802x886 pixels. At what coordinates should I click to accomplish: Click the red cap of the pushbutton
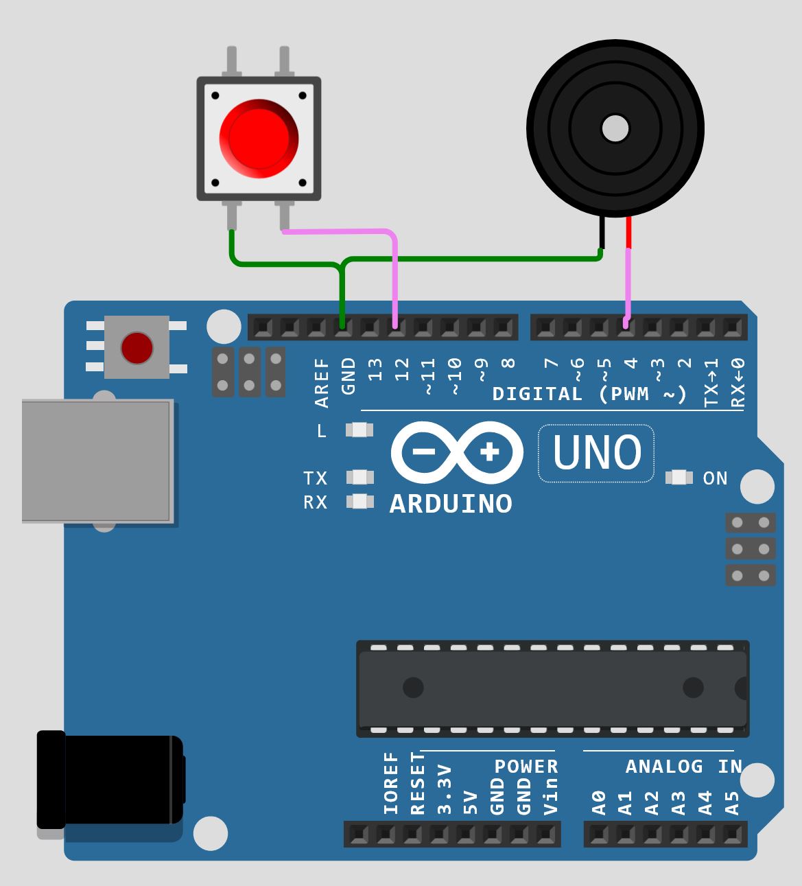coord(259,137)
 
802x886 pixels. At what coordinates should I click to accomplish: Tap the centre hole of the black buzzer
coord(615,128)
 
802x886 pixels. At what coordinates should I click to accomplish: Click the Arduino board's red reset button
coord(137,347)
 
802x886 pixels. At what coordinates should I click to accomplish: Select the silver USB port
coord(96,461)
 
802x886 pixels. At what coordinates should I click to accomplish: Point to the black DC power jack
coord(110,779)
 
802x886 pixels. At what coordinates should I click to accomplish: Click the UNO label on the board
coord(596,454)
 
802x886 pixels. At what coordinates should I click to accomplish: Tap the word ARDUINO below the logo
coord(451,504)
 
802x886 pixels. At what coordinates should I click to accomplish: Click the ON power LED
coord(679,478)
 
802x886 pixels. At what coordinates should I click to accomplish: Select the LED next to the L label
coord(359,430)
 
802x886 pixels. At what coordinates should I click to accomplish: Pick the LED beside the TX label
coord(359,477)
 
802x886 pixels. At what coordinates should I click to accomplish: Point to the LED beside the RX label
coord(359,502)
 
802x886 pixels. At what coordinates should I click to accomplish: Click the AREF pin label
coord(322,384)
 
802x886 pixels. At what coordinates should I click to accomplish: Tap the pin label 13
coord(375,370)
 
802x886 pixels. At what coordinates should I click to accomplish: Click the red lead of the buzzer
coord(628,232)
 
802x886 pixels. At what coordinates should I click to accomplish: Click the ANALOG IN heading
coord(683,767)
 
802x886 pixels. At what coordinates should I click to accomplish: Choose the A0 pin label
coord(598,802)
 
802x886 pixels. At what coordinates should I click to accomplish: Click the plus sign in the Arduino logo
coord(490,452)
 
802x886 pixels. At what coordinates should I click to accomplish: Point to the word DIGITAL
coord(537,394)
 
